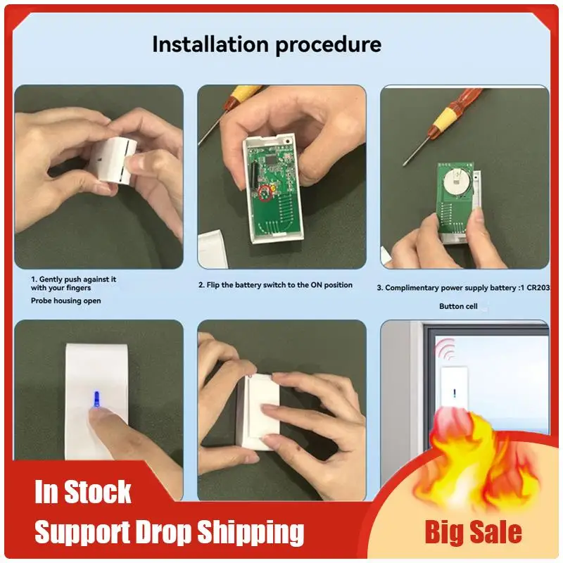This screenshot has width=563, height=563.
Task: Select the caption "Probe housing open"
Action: [65, 301]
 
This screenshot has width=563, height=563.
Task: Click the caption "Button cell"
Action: [461, 306]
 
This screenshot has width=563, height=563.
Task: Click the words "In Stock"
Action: [83, 492]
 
